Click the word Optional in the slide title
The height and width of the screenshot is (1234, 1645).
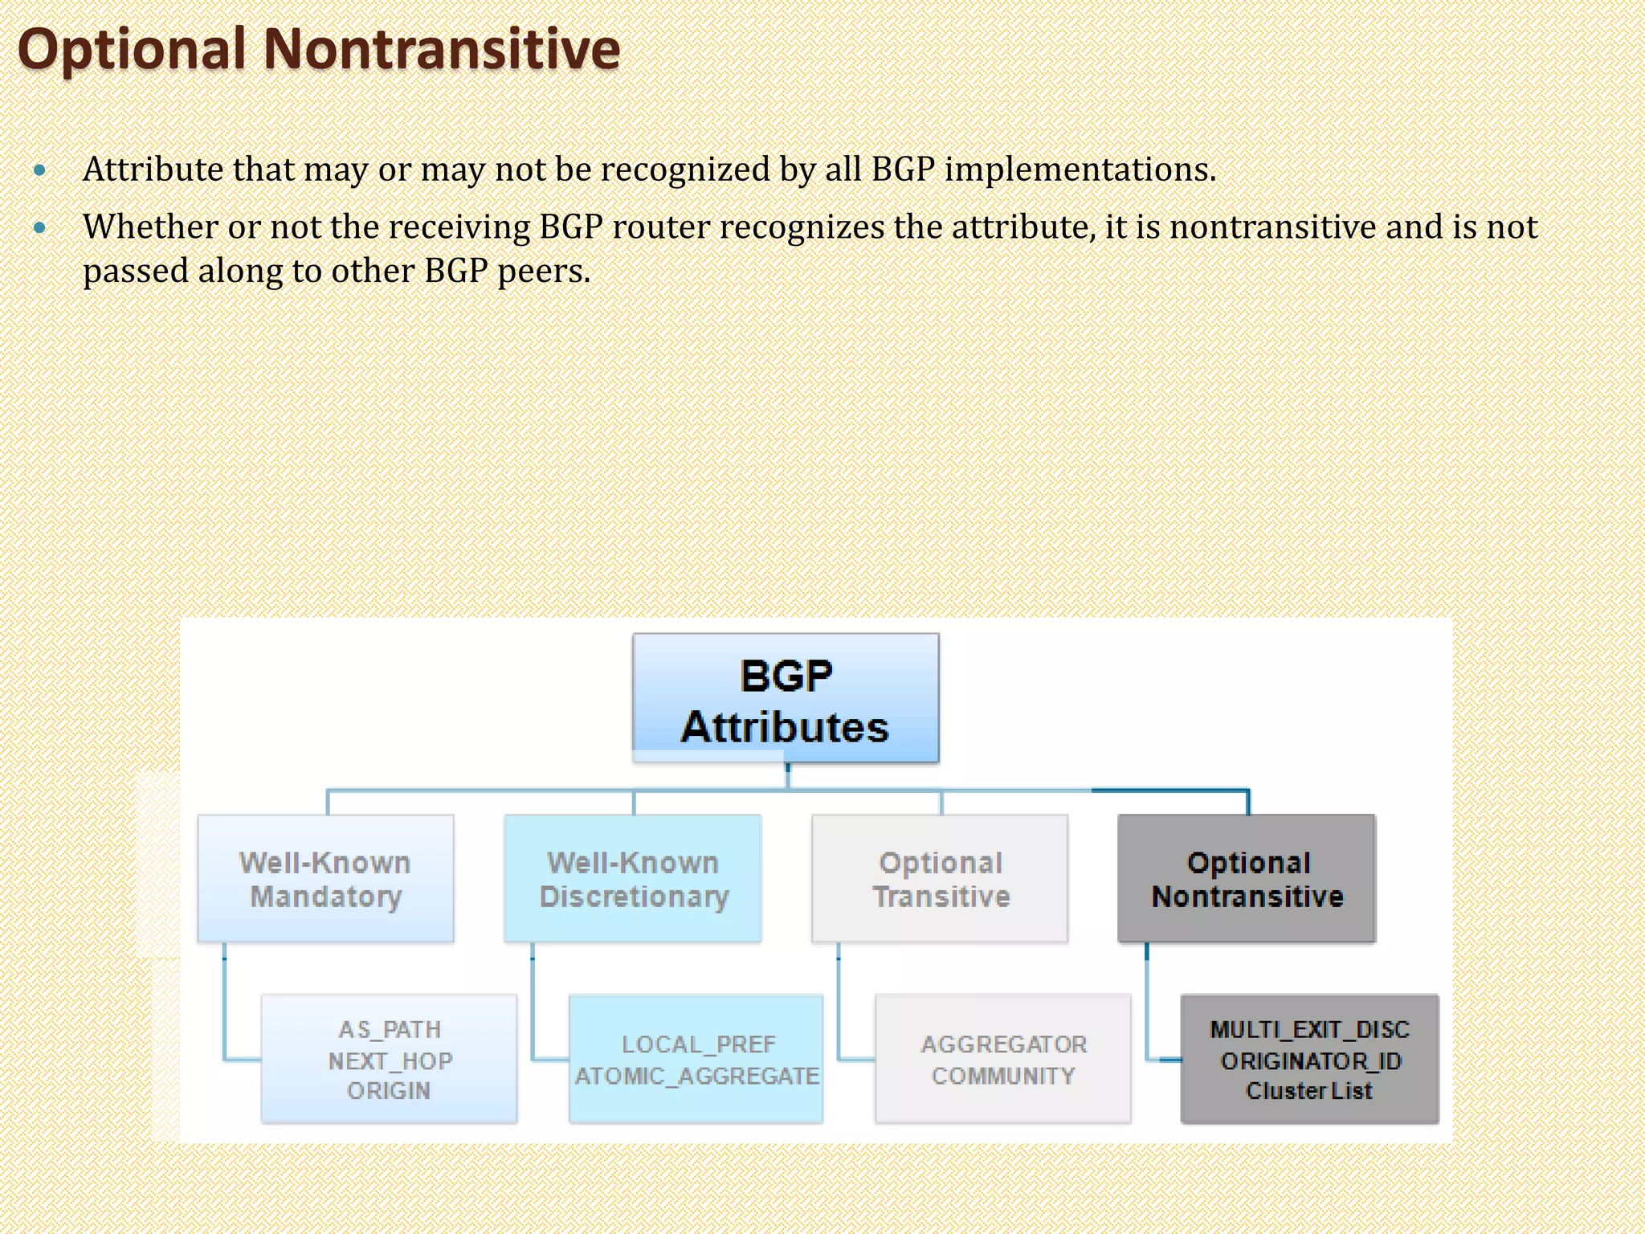click(x=132, y=50)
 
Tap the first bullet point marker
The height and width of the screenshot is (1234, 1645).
click(x=40, y=170)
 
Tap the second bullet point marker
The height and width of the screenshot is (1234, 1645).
click(x=40, y=228)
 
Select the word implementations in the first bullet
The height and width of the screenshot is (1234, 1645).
click(x=1080, y=170)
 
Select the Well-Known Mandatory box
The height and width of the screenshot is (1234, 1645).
click(x=325, y=879)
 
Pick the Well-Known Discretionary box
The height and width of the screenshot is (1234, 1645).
click(x=633, y=879)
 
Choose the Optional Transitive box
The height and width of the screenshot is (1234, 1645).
click(x=940, y=879)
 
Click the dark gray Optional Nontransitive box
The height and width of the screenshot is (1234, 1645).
click(x=1247, y=879)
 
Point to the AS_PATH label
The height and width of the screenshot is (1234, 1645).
click(x=390, y=1029)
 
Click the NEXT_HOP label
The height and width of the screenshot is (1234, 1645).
click(x=390, y=1060)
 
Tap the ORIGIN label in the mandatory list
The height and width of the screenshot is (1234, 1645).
click(x=389, y=1091)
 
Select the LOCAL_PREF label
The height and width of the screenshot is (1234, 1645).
click(x=698, y=1044)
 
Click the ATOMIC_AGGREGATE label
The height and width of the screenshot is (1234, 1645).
click(x=696, y=1076)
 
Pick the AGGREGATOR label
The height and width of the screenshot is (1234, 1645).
click(x=1003, y=1044)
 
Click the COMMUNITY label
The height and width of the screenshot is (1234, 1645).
click(x=1003, y=1076)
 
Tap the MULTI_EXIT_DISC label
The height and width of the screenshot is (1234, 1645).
click(x=1309, y=1029)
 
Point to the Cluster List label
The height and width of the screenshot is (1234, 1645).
click(x=1309, y=1091)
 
